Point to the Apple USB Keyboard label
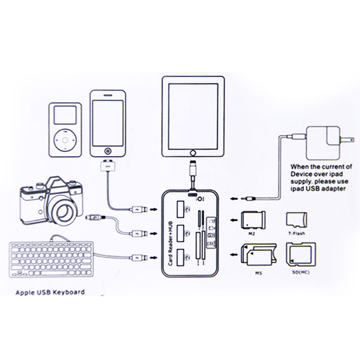pyautogui.click(x=50, y=292)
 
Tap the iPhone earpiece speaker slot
pyautogui.click(x=108, y=96)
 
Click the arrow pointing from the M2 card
pyautogui.click(x=234, y=220)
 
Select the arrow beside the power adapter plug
pyautogui.click(x=234, y=198)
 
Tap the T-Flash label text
pyautogui.click(x=296, y=233)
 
